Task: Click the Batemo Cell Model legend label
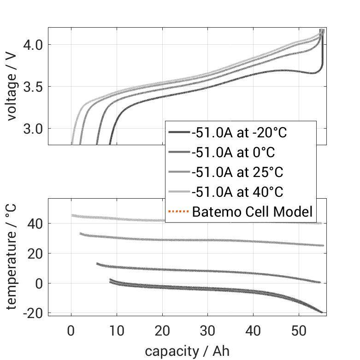point(252,212)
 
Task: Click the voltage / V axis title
point(12,86)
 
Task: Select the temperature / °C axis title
point(12,257)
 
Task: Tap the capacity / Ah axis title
point(187,351)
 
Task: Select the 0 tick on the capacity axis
point(71,330)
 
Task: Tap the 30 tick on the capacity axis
point(207,330)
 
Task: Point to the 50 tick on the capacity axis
point(299,330)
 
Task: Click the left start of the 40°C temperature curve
point(72,215)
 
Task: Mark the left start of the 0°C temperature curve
point(97,264)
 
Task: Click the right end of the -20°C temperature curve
point(322,313)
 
